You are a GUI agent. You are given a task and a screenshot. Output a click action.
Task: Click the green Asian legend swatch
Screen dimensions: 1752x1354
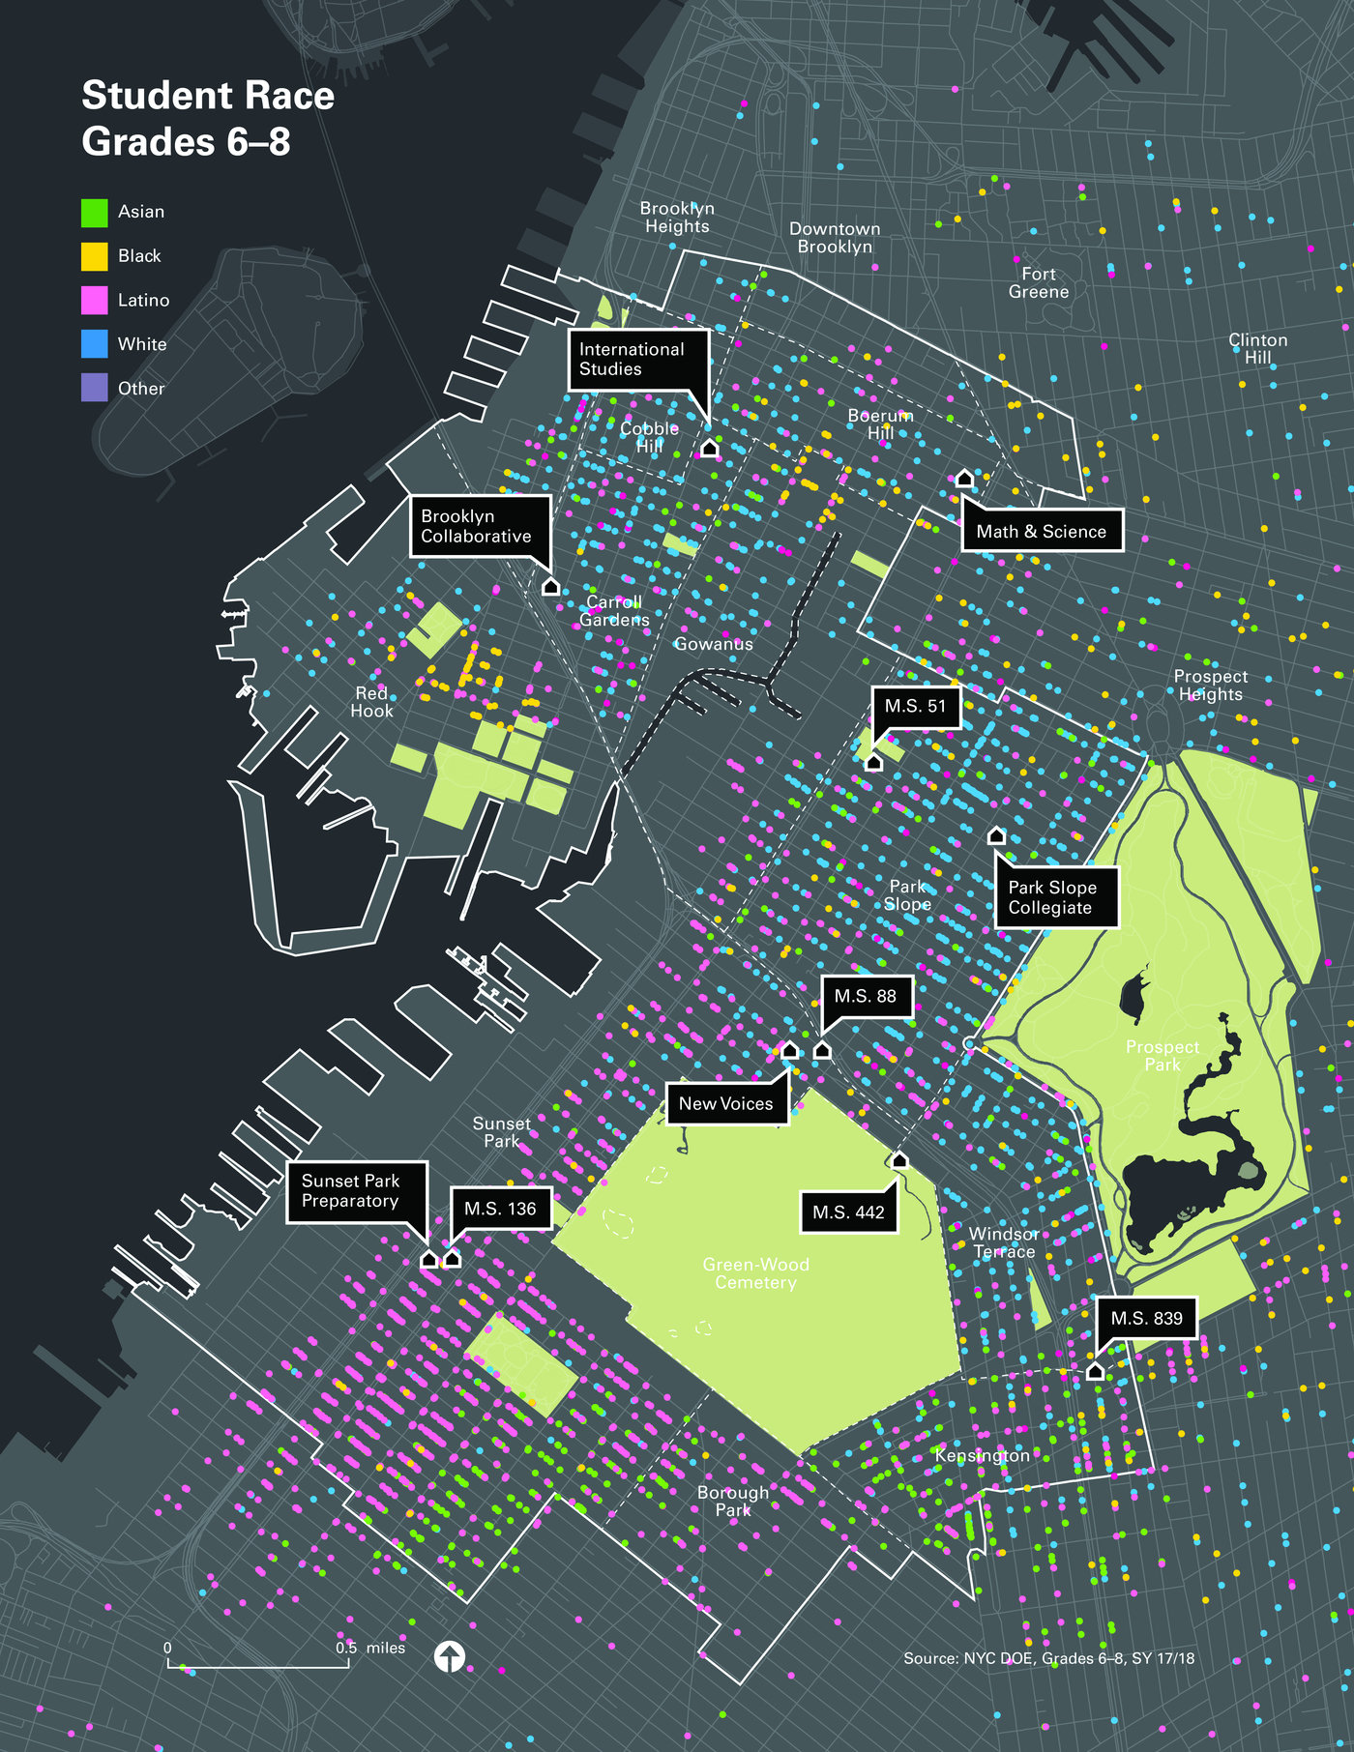tap(94, 212)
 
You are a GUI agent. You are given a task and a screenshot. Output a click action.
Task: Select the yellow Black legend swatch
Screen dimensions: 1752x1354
tap(94, 256)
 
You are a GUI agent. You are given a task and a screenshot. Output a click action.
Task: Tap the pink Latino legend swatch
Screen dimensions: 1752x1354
tap(94, 300)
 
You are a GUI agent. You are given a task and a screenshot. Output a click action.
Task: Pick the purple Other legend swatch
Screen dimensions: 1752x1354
tap(94, 388)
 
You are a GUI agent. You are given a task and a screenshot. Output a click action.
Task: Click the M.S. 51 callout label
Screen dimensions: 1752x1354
tap(915, 707)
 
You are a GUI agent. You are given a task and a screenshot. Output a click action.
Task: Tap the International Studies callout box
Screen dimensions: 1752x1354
tap(637, 360)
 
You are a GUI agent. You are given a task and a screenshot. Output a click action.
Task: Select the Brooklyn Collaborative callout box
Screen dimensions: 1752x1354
tap(480, 526)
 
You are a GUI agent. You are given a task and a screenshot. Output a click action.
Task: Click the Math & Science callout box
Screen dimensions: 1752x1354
tap(1042, 531)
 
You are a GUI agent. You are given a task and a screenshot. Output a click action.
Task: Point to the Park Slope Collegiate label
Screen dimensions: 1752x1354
tap(1055, 897)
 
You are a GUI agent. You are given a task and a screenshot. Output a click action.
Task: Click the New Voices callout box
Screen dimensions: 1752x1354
tap(726, 1104)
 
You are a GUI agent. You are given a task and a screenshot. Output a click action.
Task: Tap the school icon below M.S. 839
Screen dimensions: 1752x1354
tap(1095, 1371)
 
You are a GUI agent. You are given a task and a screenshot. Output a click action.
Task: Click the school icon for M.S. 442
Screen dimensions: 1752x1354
tap(899, 1160)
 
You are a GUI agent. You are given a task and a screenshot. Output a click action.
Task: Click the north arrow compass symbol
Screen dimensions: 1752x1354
tap(450, 1656)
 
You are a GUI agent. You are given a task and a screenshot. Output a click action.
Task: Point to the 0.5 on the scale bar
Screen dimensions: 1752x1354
tap(346, 1648)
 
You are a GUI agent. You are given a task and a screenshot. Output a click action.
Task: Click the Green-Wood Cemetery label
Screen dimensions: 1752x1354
tap(755, 1273)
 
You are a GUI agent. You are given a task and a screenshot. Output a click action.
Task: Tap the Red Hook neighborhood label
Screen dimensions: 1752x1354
tap(371, 702)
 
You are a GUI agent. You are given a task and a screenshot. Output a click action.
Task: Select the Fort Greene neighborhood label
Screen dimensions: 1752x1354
tap(1039, 283)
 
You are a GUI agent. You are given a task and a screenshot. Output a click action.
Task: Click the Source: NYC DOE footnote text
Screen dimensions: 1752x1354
tap(1048, 1658)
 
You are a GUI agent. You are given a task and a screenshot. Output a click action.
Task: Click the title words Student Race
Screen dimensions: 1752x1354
tap(208, 96)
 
